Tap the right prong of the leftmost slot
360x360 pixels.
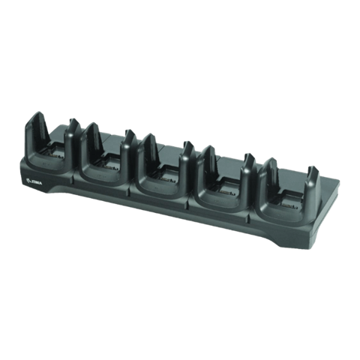tap(73, 127)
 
